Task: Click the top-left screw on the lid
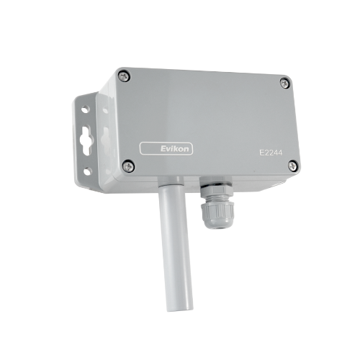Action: point(124,75)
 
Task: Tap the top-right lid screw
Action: point(284,82)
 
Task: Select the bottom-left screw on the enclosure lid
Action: point(129,166)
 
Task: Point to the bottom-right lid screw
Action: point(292,166)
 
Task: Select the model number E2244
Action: point(270,153)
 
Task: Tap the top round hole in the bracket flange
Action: point(86,110)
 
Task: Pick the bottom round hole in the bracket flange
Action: point(87,171)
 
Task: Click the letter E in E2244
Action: point(260,153)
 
